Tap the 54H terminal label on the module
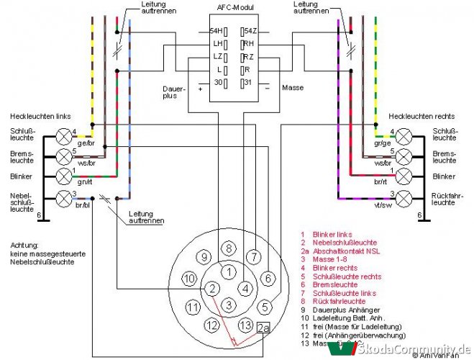coord(215,31)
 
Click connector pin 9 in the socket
coord(204,256)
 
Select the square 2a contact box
coord(263,328)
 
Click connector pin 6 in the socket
coord(266,278)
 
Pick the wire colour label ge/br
coord(85,143)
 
